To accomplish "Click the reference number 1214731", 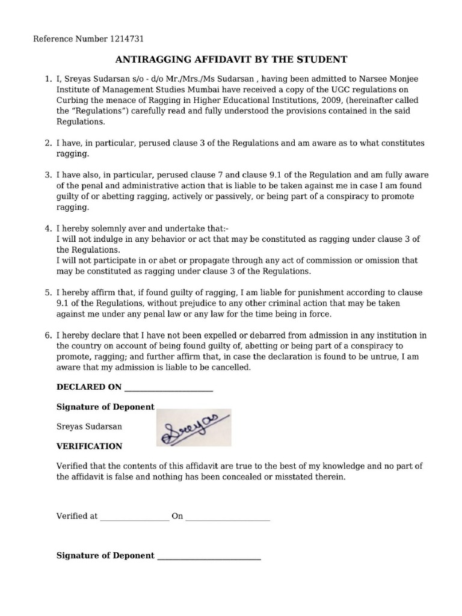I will tap(127, 39).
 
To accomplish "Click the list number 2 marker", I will tap(48, 143).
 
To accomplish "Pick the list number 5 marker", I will tap(48, 292).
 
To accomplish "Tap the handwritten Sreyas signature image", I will tap(194, 428).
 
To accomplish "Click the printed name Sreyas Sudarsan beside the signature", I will tap(89, 426).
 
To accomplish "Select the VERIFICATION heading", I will tap(89, 446).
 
